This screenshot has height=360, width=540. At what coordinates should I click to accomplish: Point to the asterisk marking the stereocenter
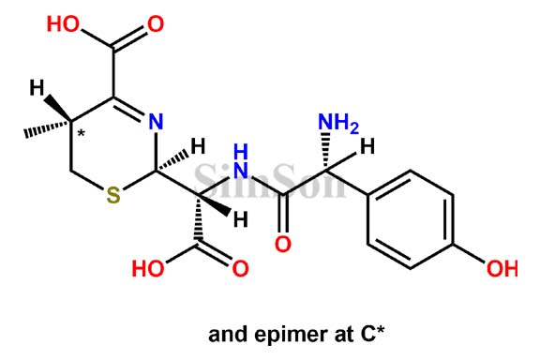coord(82,135)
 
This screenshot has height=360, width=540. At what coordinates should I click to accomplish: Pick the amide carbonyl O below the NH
coord(284,247)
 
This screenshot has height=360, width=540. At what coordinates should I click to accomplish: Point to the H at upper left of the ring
coord(34,89)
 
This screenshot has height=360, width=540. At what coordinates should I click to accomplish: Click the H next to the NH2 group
coord(368,146)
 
